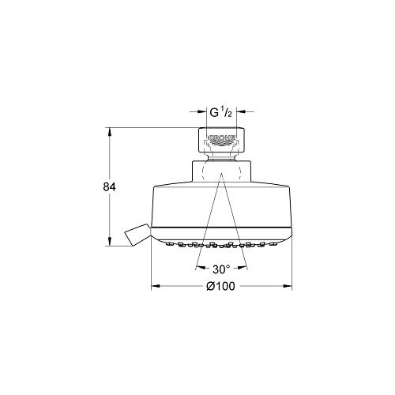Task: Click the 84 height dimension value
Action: point(109,187)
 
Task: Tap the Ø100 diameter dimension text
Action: point(220,286)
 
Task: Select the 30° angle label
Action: point(221,269)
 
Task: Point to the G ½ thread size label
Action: point(221,112)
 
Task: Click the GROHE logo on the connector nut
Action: point(222,137)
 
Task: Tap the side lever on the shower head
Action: point(137,235)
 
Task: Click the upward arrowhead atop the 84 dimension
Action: point(110,132)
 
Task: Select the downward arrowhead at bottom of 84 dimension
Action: point(110,242)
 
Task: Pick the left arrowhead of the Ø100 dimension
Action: point(156,286)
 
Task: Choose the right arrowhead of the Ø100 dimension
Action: point(288,286)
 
